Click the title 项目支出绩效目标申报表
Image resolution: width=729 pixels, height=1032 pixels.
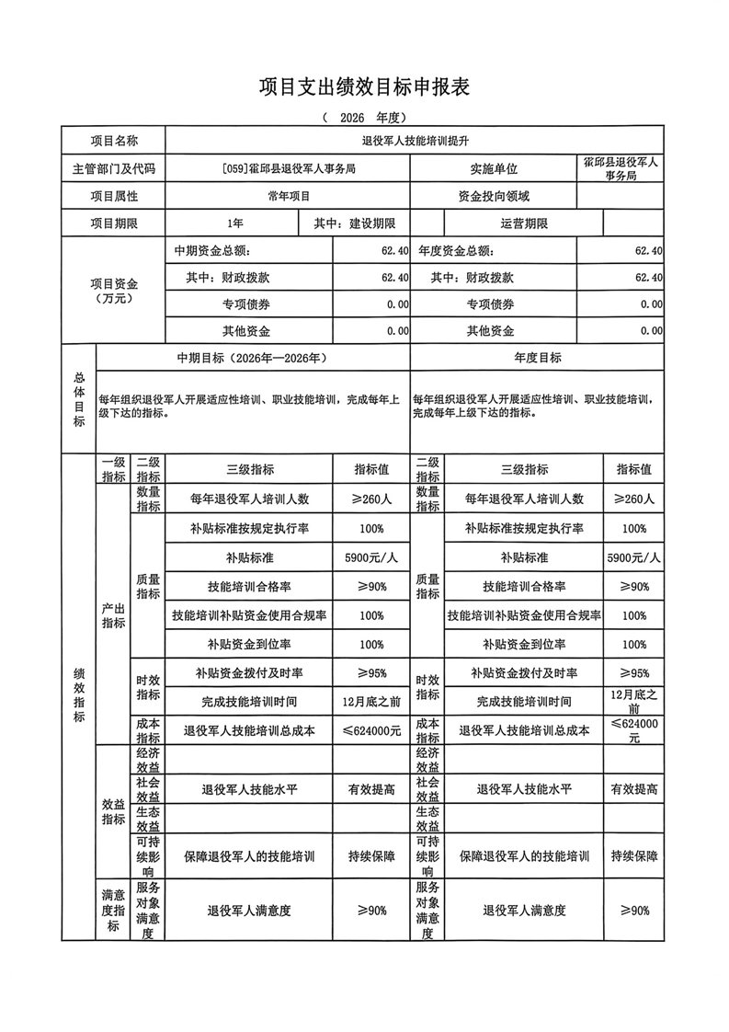[364, 87]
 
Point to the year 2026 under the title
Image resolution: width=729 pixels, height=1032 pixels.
[352, 118]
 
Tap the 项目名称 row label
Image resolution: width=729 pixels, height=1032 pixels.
[114, 141]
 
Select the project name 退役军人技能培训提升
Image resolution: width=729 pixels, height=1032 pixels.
[416, 141]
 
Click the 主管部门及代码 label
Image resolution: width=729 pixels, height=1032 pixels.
[114, 168]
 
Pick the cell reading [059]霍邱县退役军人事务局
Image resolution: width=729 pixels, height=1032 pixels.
[289, 168]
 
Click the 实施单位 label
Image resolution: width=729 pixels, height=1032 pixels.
[494, 168]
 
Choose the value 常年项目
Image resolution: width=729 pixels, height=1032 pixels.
[289, 196]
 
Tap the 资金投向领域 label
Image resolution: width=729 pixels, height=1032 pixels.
[494, 196]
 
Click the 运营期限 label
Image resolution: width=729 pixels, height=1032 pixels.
[524, 224]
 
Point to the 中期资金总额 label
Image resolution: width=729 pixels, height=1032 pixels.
[211, 250]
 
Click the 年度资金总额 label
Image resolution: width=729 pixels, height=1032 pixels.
[456, 250]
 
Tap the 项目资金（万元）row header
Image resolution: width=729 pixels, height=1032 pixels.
[114, 291]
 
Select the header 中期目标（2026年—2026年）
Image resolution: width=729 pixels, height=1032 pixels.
[253, 357]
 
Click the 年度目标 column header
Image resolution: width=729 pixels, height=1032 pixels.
[538, 357]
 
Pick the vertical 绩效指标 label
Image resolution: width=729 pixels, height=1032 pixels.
[78, 694]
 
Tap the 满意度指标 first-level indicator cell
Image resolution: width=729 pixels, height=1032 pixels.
[113, 910]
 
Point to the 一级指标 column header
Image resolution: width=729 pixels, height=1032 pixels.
[113, 469]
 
